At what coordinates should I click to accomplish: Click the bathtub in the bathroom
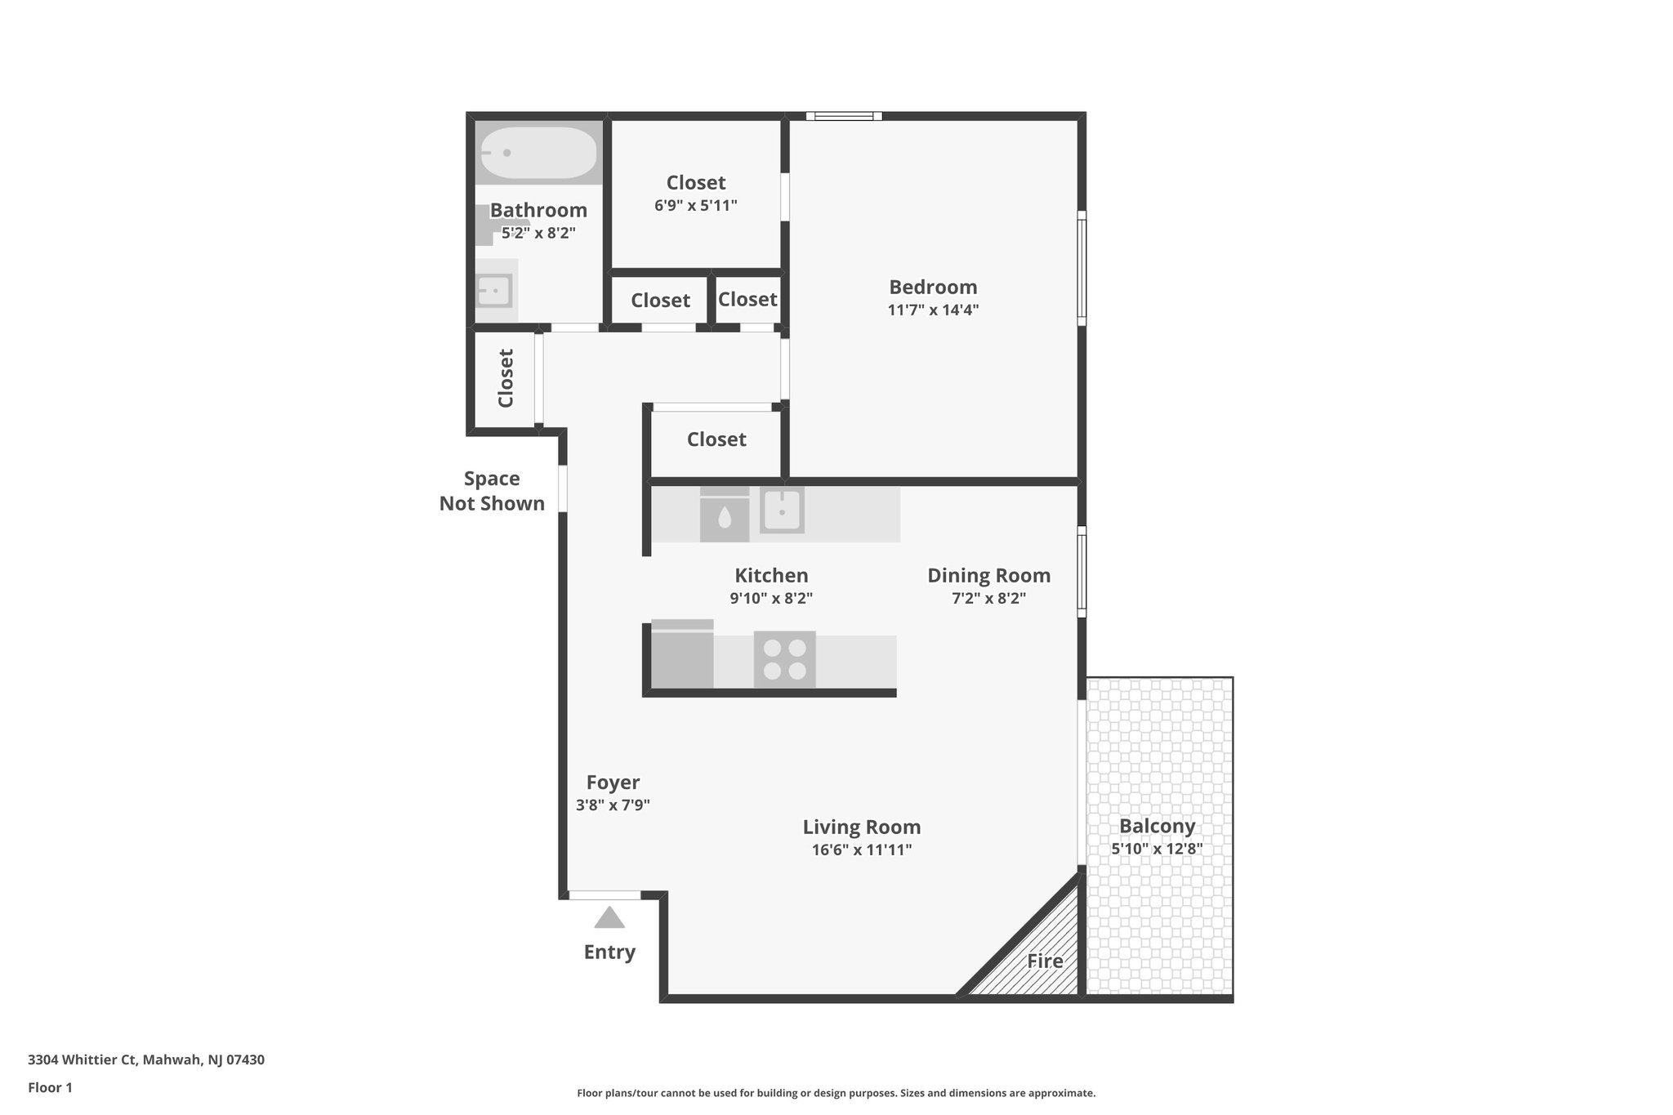click(x=538, y=154)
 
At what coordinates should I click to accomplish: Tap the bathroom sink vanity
click(x=495, y=290)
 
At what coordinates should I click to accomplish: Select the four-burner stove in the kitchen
click(x=784, y=660)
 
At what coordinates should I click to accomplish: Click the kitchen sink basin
click(x=782, y=511)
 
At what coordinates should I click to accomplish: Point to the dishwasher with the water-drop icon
click(x=725, y=515)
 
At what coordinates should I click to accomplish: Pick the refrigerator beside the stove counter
click(x=682, y=655)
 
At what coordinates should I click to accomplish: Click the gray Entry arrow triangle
click(x=609, y=918)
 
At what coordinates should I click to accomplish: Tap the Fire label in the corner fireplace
click(x=1045, y=961)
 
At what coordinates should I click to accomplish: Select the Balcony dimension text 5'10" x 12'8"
click(x=1157, y=849)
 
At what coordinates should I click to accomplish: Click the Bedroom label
click(x=933, y=288)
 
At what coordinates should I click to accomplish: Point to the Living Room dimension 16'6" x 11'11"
click(x=861, y=850)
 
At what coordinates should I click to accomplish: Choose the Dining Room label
click(x=988, y=576)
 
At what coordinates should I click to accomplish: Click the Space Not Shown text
click(x=492, y=491)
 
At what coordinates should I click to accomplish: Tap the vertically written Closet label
click(x=506, y=378)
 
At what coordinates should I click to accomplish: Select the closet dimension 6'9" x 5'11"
click(x=696, y=206)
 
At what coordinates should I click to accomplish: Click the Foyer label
click(x=613, y=783)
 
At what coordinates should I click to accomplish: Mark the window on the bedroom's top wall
click(x=844, y=116)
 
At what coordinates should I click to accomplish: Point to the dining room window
click(x=1082, y=571)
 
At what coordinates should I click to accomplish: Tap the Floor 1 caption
click(x=51, y=1087)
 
